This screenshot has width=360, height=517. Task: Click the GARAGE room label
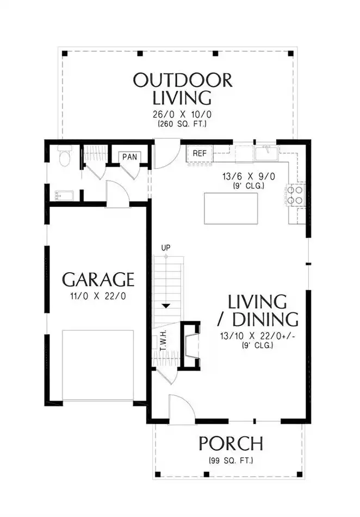tap(98, 280)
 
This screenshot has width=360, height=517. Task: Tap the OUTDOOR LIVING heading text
tap(183, 89)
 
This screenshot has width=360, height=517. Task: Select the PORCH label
tap(231, 444)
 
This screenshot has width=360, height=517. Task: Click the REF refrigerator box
tap(200, 153)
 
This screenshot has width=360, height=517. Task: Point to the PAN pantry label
tap(129, 157)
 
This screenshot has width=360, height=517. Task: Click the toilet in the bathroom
tap(64, 157)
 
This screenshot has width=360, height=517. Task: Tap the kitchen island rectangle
tap(231, 209)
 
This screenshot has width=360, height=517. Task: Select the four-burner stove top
tap(295, 195)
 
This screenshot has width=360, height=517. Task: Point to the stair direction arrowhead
tap(166, 306)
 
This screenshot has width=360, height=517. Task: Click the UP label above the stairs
tap(166, 247)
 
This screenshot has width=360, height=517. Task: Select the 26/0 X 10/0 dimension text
tap(182, 114)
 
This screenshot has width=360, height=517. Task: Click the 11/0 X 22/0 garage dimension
tap(98, 296)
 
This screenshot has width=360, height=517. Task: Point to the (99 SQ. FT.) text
tap(231, 460)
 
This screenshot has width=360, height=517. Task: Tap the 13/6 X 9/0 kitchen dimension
tap(249, 176)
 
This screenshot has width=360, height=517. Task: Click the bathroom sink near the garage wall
tap(62, 195)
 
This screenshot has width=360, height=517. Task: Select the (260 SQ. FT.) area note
tap(182, 124)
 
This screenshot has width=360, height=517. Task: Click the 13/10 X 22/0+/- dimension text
tap(258, 336)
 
